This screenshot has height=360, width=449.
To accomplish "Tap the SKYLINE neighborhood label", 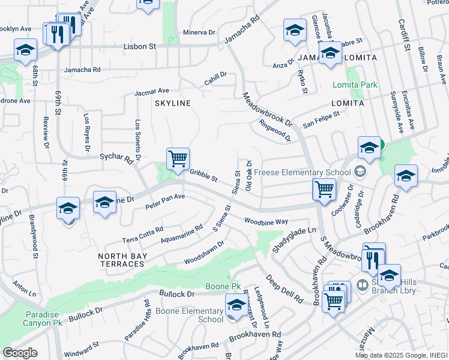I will pyautogui.click(x=173, y=103).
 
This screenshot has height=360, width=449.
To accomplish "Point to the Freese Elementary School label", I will pyautogui.click(x=302, y=172).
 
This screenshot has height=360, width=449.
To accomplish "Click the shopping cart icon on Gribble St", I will pyautogui.click(x=178, y=160).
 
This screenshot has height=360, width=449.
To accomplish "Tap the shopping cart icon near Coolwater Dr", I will pyautogui.click(x=324, y=189).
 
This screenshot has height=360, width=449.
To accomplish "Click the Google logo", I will pyautogui.click(x=20, y=353).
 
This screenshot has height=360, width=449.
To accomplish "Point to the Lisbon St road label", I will pyautogui.click(x=139, y=46).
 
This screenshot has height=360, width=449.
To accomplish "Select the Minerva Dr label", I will pyautogui.click(x=199, y=32).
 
